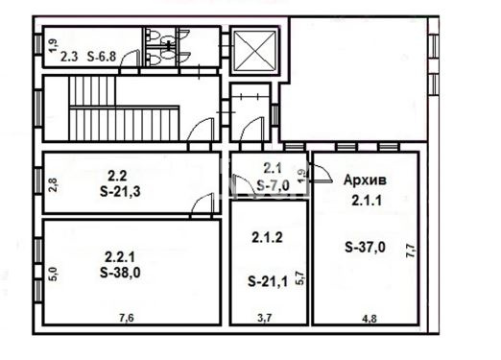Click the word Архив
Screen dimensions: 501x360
(x=365, y=180)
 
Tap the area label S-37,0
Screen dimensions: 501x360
(x=366, y=247)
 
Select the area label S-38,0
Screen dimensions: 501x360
(x=120, y=273)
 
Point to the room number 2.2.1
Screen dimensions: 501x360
(x=120, y=256)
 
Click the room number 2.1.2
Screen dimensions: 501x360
(x=267, y=238)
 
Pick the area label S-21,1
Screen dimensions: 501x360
(x=268, y=281)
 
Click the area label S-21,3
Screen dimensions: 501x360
(x=120, y=192)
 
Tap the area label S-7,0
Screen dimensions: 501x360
(x=274, y=185)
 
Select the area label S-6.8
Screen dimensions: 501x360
(x=102, y=57)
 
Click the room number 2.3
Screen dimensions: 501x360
(x=69, y=58)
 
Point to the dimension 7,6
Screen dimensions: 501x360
(x=127, y=318)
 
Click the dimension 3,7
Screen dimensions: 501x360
(x=265, y=318)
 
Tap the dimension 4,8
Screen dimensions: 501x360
(x=370, y=319)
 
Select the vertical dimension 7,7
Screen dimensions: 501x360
(x=410, y=251)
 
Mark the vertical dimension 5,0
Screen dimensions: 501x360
(x=54, y=275)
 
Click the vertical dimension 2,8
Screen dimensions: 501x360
(x=54, y=185)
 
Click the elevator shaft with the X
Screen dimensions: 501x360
(x=255, y=50)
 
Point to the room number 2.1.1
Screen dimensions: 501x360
(x=367, y=201)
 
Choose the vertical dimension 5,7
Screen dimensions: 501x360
(x=300, y=277)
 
